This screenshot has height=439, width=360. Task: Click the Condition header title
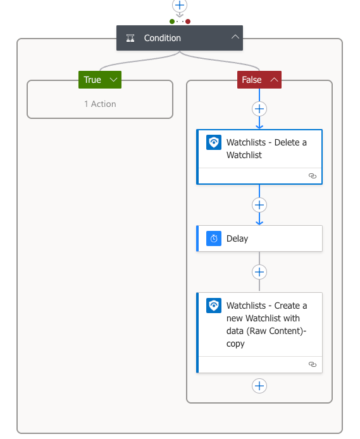pos(163,38)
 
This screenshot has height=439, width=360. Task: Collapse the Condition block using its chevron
pos(235,37)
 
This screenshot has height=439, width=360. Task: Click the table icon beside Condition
pos(130,38)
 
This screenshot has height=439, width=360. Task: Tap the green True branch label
pos(92,80)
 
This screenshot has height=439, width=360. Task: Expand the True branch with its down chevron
pos(113,80)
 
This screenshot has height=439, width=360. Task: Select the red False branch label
pos(252,80)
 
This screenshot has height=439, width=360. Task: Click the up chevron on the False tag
pos(274,80)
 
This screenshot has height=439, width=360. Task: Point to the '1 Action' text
pos(100,104)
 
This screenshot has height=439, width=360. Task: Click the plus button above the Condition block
pos(180,5)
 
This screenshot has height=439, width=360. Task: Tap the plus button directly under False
pos(259,109)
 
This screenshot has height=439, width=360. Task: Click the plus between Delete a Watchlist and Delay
pos(259,205)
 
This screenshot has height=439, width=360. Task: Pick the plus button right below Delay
pos(259,272)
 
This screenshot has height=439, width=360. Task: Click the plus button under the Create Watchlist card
pos(259,386)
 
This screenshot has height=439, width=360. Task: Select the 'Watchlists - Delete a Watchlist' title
pos(266,149)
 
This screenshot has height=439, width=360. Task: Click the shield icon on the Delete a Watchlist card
pos(214,142)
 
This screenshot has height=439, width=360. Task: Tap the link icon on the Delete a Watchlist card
pos(313,176)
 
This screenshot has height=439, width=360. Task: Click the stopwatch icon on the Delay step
pos(214,238)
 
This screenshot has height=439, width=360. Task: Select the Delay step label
pos(237,238)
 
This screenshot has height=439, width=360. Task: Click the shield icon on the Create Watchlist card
pos(214,306)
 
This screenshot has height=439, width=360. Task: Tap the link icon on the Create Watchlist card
pos(313,364)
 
